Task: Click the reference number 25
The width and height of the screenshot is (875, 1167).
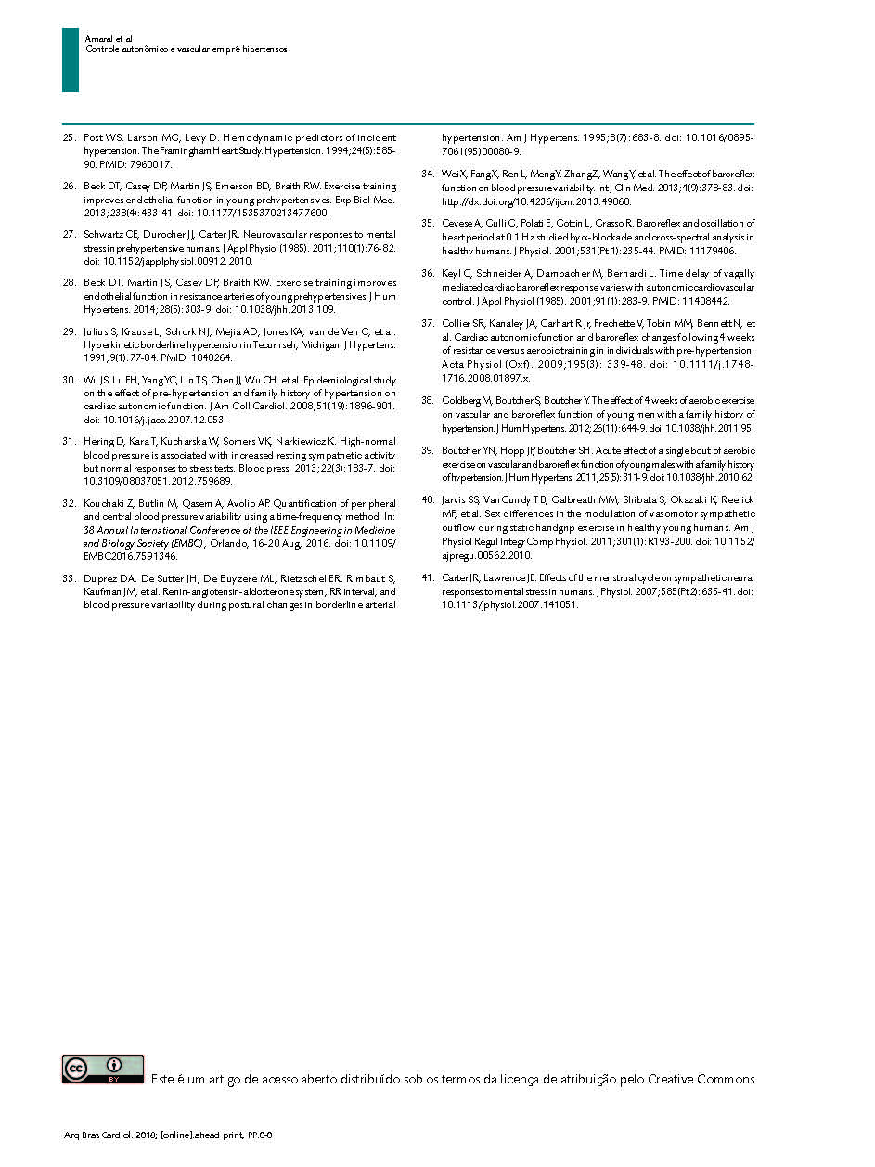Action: (68, 137)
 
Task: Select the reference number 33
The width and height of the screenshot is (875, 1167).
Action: (68, 578)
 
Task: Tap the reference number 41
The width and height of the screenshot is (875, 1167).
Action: (427, 578)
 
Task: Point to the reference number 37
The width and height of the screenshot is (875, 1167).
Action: (427, 324)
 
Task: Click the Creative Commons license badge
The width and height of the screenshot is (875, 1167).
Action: (103, 1069)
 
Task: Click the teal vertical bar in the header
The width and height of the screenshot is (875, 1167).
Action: (71, 59)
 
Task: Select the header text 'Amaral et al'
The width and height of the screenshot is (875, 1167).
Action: (109, 38)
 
